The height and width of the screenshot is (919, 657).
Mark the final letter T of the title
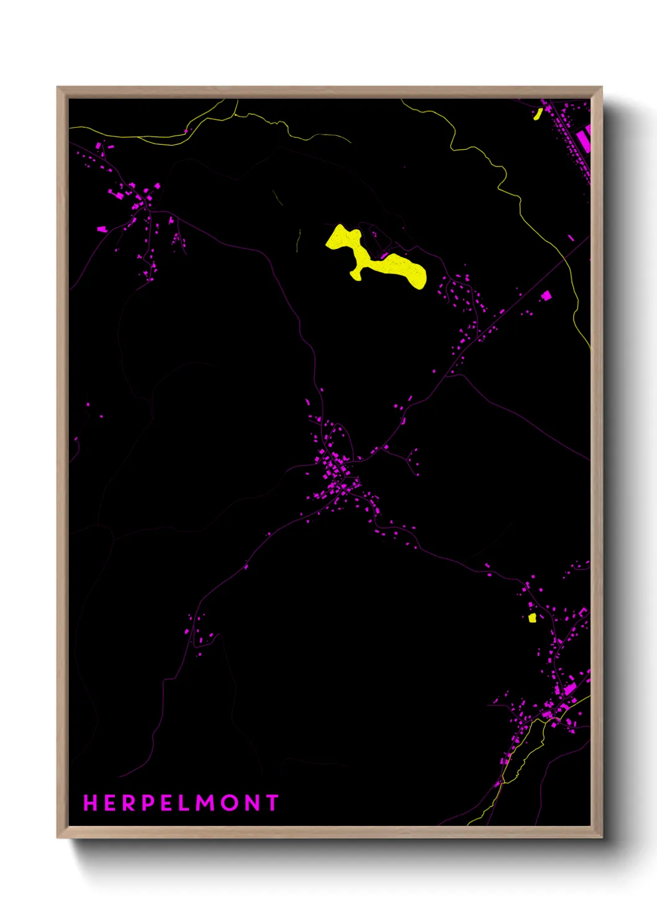(x=272, y=803)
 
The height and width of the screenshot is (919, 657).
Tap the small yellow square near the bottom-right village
(x=532, y=618)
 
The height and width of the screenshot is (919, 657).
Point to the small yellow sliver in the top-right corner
(x=538, y=114)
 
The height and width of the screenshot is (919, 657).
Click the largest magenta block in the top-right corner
(x=584, y=138)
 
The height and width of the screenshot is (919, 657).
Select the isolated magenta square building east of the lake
(x=546, y=296)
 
